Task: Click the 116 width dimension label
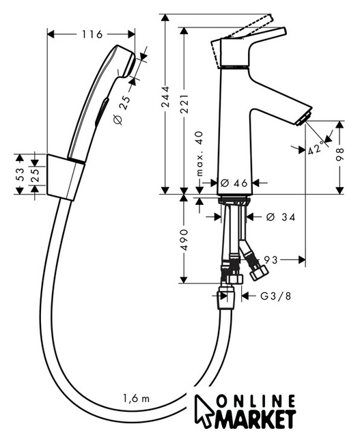(92, 34)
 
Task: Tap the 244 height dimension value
(165, 97)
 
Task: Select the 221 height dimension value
(184, 104)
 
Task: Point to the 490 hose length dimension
(184, 240)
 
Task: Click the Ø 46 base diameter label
(234, 183)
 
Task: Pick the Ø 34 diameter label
(280, 217)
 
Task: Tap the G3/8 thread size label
(276, 296)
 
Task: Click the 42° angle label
(318, 147)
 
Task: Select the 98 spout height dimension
(340, 154)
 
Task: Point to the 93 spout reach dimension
(271, 259)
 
